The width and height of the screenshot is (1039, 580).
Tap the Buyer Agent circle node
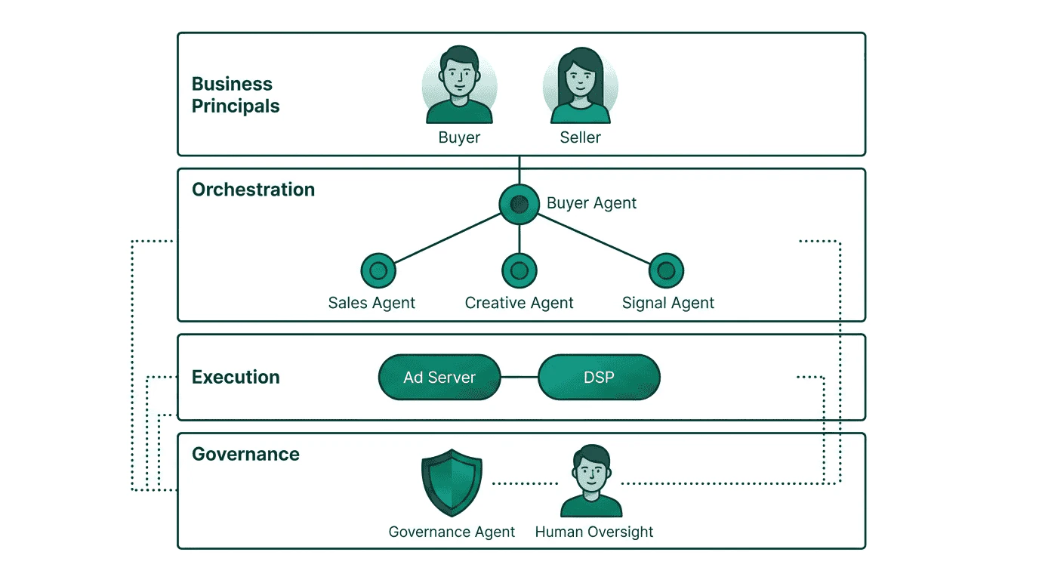pyautogui.click(x=519, y=204)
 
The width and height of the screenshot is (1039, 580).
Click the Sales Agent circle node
pyautogui.click(x=378, y=270)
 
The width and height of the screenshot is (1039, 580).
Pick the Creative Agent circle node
pyautogui.click(x=519, y=270)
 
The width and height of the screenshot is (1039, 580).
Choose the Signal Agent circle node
pyautogui.click(x=665, y=270)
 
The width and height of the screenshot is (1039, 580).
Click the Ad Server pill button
pyautogui.click(x=439, y=377)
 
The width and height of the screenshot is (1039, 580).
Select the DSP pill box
pyautogui.click(x=599, y=377)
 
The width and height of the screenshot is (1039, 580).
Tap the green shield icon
pyautogui.click(x=452, y=483)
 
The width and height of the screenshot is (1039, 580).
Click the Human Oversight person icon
pyautogui.click(x=591, y=482)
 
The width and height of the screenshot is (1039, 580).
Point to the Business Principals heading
pyautogui.click(x=236, y=95)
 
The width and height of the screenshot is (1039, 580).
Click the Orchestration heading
pyautogui.click(x=253, y=190)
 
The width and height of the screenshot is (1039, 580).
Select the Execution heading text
pyautogui.click(x=236, y=377)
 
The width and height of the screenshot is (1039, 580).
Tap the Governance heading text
pyautogui.click(x=245, y=454)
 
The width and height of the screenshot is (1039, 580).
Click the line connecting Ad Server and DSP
pyautogui.click(x=519, y=377)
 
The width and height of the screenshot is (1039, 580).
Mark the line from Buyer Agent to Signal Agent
pyautogui.click(x=593, y=238)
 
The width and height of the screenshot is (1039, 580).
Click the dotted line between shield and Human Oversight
pyautogui.click(x=525, y=483)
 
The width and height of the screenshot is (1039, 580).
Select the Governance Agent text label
pyautogui.click(x=452, y=532)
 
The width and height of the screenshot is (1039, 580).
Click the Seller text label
pyautogui.click(x=580, y=137)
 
